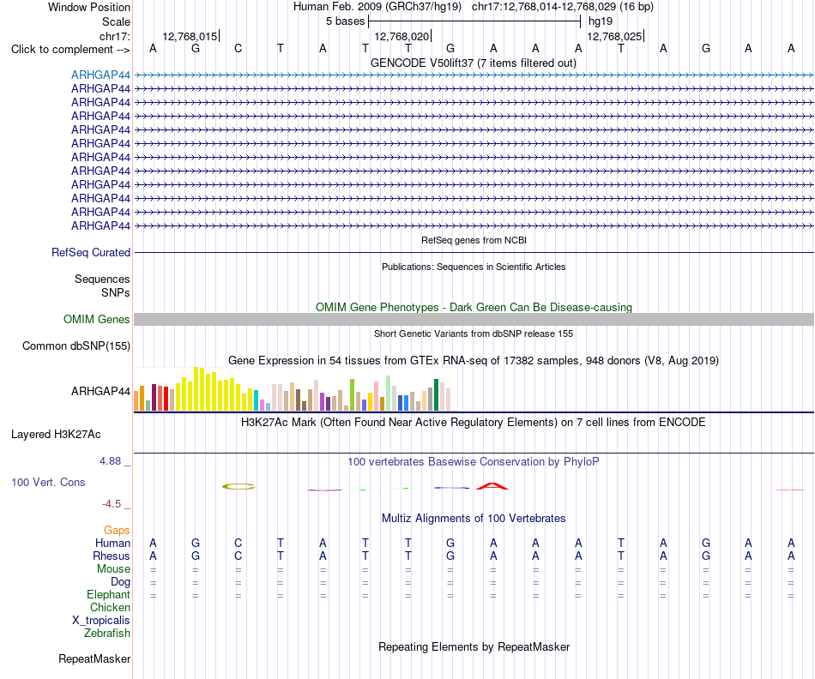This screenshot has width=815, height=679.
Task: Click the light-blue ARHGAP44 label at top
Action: [101, 75]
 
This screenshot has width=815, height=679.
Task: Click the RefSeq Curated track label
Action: [91, 253]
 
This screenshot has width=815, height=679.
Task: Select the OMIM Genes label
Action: [97, 319]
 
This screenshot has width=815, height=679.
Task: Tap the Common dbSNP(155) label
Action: [76, 346]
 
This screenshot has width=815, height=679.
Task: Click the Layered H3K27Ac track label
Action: [56, 435]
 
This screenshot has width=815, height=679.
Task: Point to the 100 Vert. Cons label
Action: [48, 482]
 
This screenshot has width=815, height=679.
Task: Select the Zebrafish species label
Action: [107, 633]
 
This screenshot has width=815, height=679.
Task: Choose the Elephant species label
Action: [109, 594]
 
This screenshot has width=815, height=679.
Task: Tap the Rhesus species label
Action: [112, 556]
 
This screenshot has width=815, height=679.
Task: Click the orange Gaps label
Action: [117, 530]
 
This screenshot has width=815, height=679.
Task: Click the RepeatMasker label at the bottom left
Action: [94, 658]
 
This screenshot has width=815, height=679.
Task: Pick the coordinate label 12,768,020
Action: [401, 36]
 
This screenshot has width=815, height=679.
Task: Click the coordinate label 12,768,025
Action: [614, 36]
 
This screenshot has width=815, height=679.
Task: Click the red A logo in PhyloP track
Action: [492, 486]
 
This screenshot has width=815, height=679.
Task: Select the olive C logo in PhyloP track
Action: [238, 487]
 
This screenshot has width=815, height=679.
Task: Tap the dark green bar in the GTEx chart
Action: [436, 395]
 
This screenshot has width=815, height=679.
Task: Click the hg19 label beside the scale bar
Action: [601, 21]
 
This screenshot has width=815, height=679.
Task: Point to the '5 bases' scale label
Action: [345, 21]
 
